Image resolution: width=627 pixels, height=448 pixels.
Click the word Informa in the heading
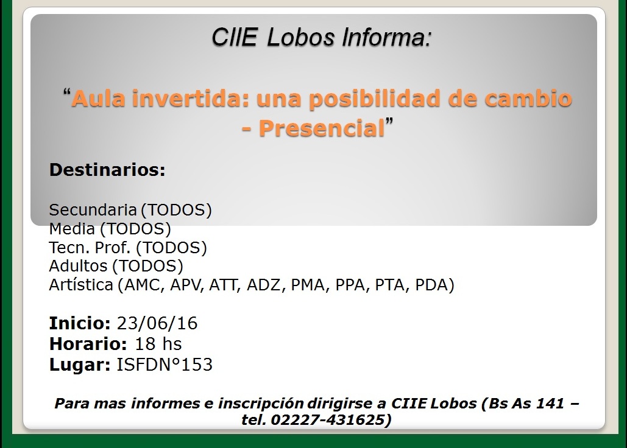click(388, 37)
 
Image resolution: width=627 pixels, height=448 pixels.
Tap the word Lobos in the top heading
click(301, 37)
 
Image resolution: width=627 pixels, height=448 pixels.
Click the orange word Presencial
click(322, 128)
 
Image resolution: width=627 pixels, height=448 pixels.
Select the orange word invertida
click(191, 98)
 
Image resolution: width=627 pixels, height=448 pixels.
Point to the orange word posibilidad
click(374, 98)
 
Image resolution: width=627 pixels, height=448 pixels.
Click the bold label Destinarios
click(107, 170)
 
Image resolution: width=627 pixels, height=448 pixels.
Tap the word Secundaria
click(93, 209)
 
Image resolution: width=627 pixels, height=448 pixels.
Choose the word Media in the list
click(72, 228)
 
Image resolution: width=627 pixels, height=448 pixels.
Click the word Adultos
click(78, 266)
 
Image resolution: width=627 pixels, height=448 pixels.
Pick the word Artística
click(81, 285)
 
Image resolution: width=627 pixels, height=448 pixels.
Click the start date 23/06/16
click(157, 323)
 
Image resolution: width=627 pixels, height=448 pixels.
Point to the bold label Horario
click(88, 344)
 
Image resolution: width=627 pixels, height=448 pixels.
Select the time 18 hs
click(158, 344)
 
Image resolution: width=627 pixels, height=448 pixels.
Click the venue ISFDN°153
click(165, 365)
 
